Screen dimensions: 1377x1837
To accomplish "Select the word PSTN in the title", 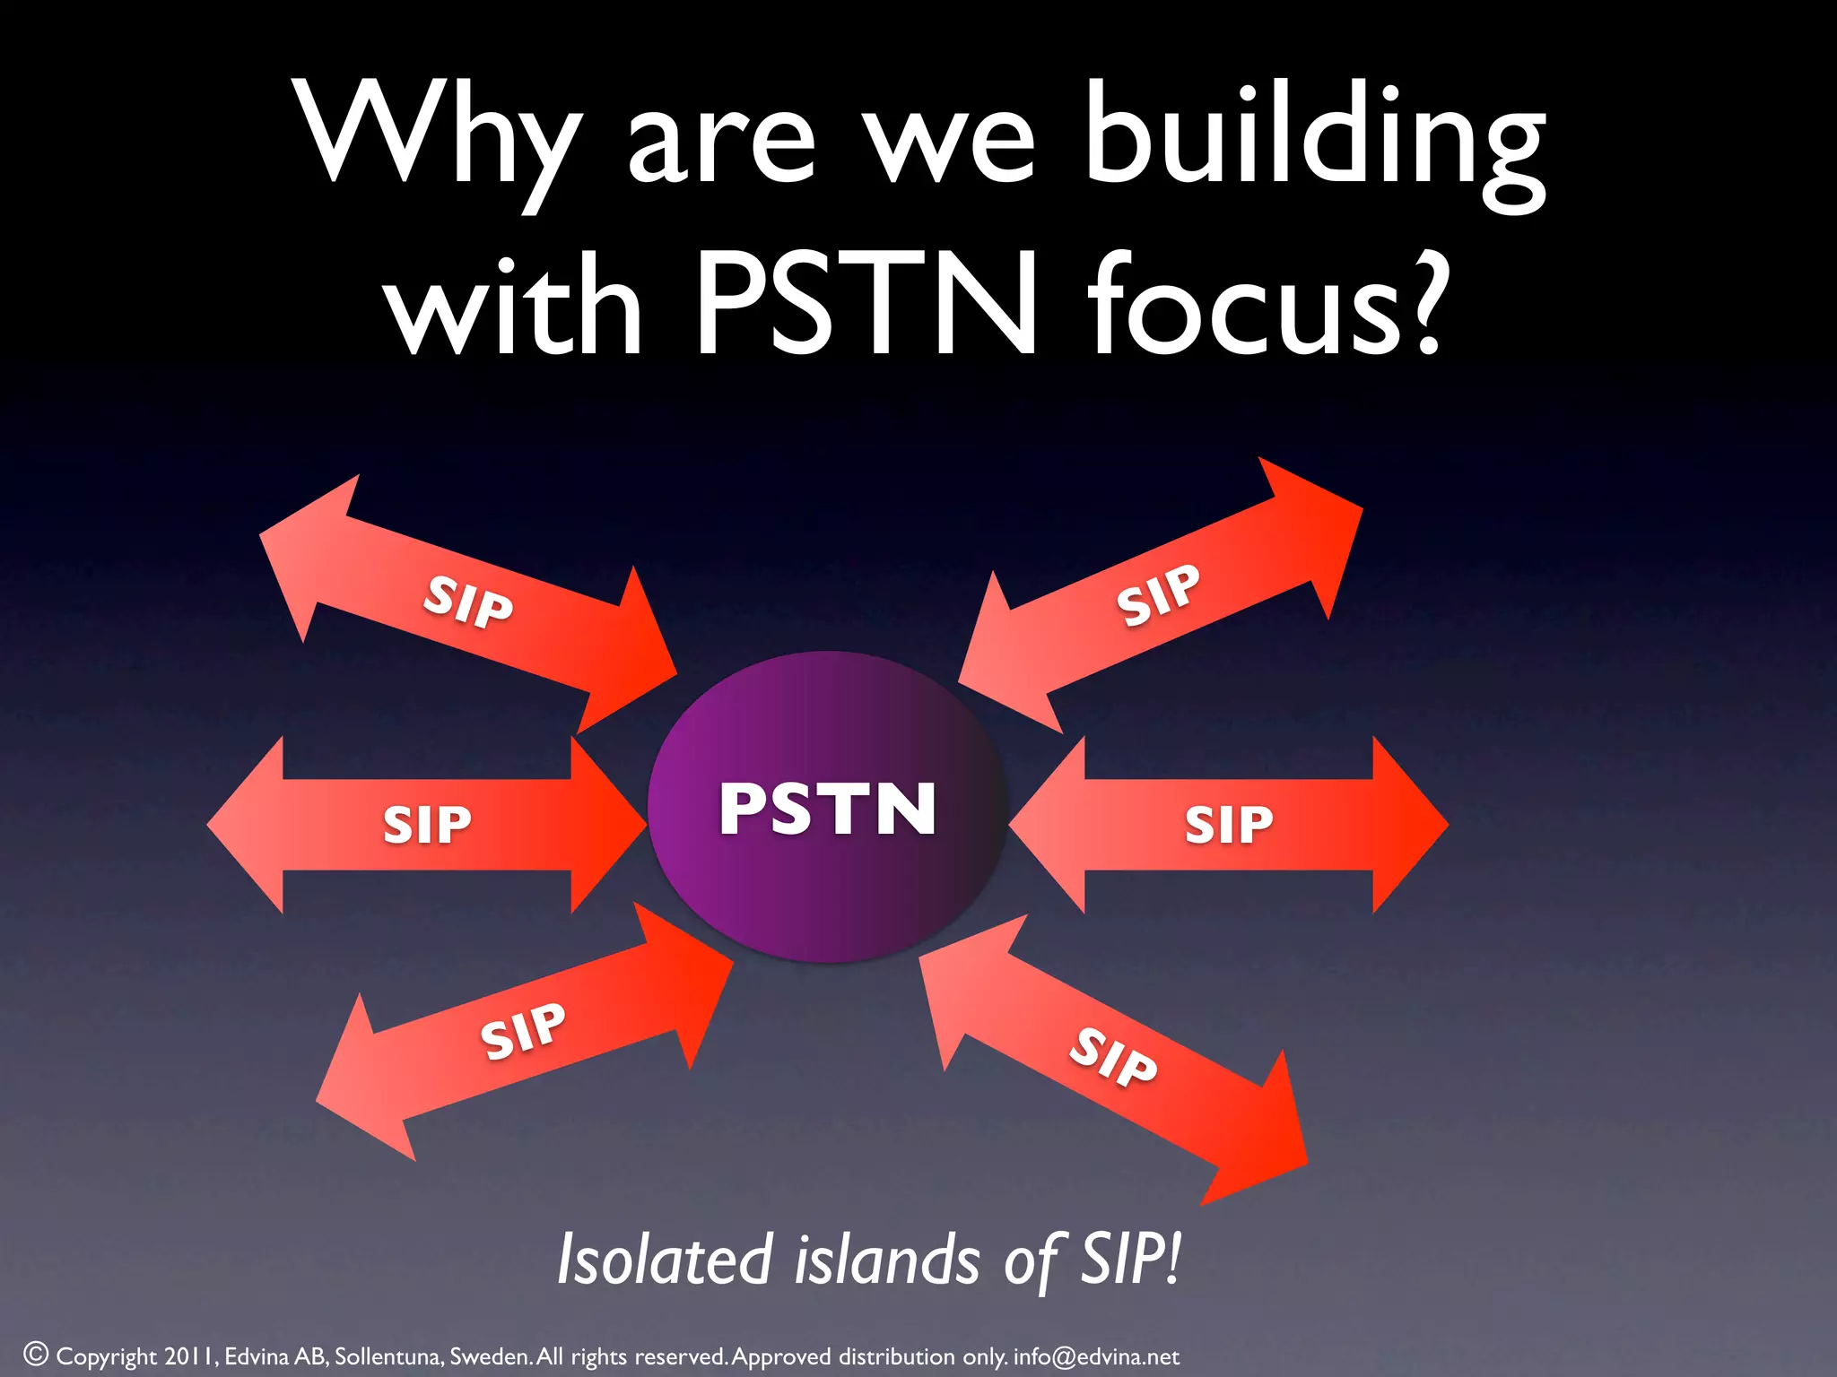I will [866, 305].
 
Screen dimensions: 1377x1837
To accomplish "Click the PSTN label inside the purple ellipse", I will [827, 809].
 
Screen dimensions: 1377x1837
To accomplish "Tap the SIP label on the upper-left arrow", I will [468, 602].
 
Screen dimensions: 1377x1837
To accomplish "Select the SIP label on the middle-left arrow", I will [427, 825].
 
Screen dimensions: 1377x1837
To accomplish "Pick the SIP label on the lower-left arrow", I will [523, 1031].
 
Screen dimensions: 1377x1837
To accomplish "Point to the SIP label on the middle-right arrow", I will [1229, 825].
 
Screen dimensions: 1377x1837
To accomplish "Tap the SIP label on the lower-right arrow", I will [1113, 1057].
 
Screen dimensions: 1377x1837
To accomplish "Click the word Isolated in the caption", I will [665, 1260].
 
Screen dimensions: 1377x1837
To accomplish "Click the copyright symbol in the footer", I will [36, 1355].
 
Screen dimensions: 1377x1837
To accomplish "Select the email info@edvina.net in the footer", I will [1096, 1356].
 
